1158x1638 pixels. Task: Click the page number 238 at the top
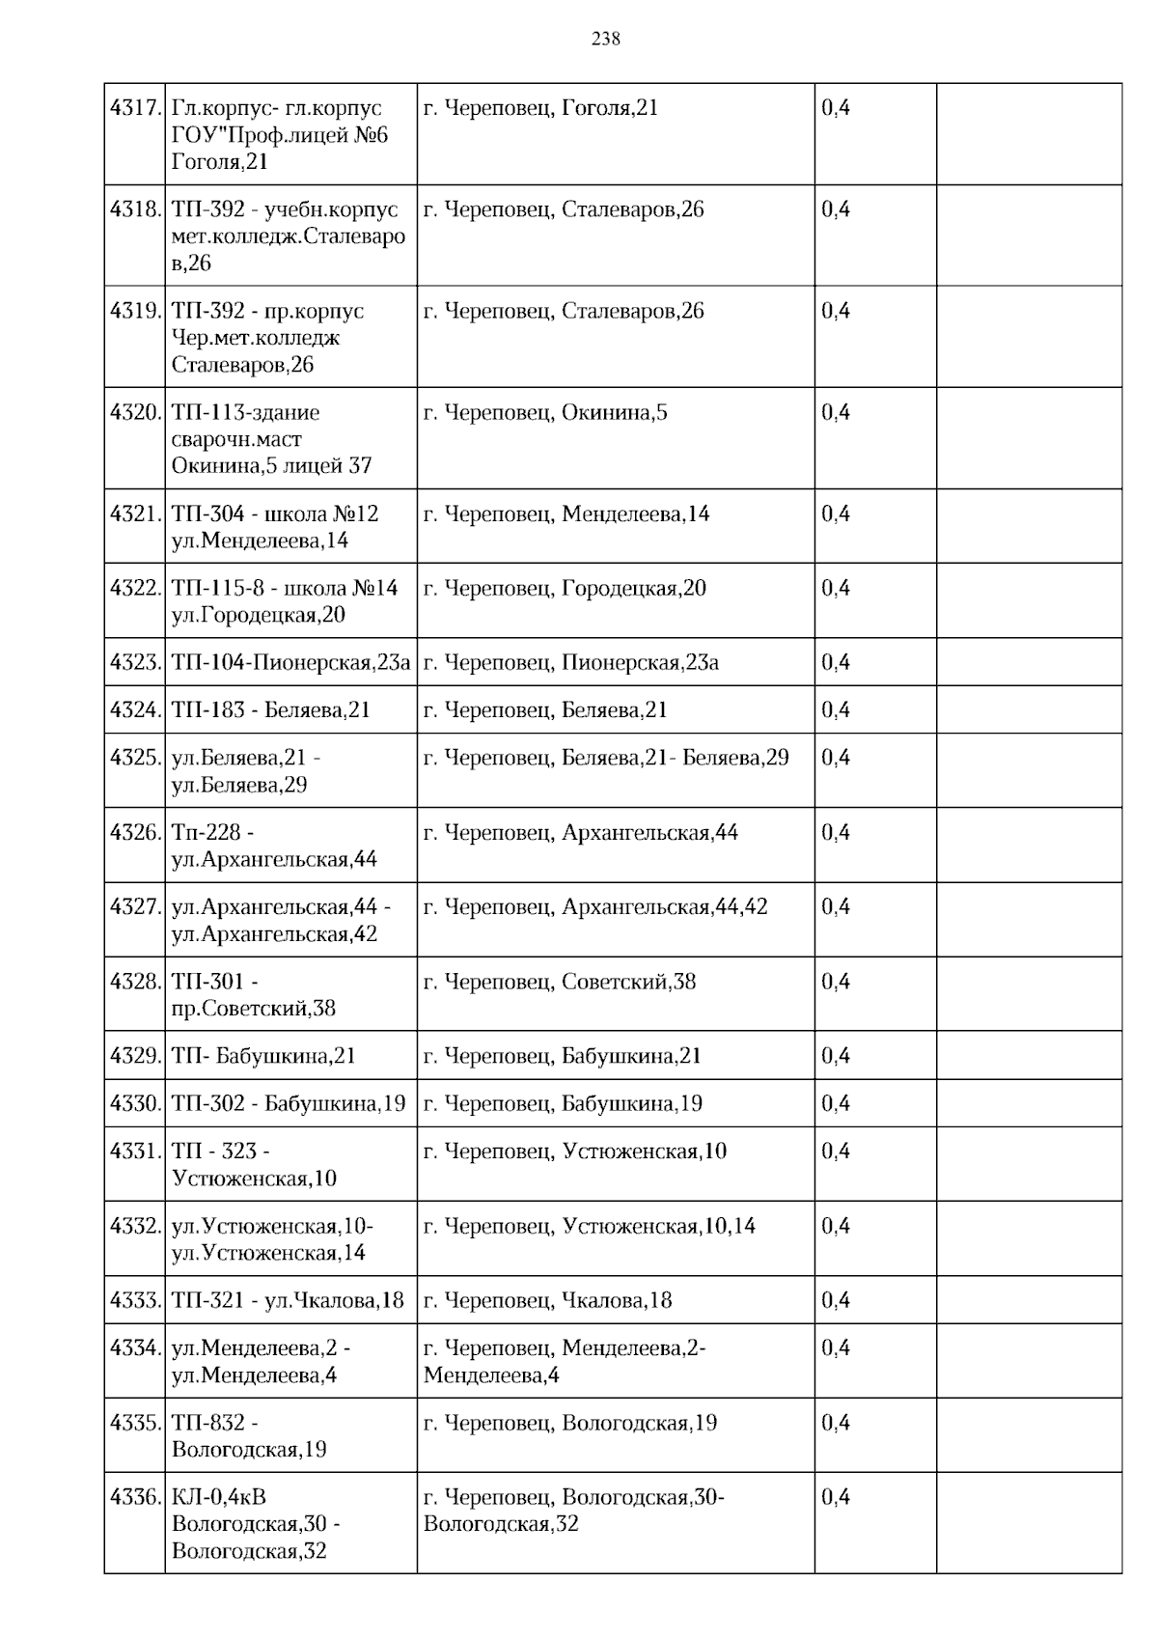coord(606,39)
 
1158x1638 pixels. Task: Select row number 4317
coord(134,108)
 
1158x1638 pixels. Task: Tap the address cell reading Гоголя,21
coord(540,108)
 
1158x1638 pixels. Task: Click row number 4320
coord(134,413)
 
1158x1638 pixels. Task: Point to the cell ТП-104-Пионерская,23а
coord(290,662)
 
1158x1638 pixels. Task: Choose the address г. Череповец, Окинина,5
coord(545,413)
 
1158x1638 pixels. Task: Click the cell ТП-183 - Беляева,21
coord(271,710)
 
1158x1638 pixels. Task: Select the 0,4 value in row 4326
coord(836,832)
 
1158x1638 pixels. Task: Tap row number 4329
coord(134,1056)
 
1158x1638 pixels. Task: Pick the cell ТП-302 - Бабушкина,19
coord(289,1103)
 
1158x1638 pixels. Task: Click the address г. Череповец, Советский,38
coord(560,982)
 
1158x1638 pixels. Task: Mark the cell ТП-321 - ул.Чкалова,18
coord(288,1300)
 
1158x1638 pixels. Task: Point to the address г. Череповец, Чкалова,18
coord(547,1300)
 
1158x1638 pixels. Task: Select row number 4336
coord(134,1497)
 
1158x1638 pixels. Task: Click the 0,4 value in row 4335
coord(836,1423)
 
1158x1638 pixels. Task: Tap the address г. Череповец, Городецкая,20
coord(565,588)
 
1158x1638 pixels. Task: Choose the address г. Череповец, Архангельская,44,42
coord(595,907)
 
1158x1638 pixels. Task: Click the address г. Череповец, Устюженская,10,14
coord(590,1226)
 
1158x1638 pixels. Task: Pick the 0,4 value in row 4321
coord(836,514)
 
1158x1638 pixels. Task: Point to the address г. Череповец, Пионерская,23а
coord(571,662)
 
